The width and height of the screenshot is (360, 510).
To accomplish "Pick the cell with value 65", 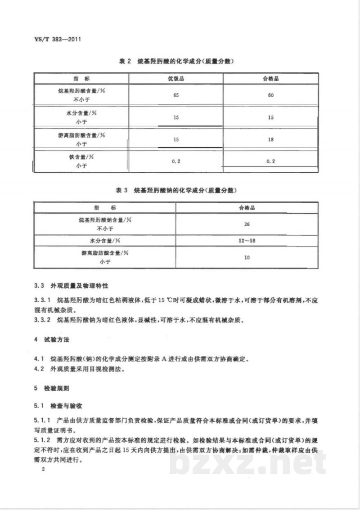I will [175, 95].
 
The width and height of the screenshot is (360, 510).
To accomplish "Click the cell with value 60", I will [271, 95].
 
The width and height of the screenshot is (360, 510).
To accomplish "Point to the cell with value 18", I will [271, 139].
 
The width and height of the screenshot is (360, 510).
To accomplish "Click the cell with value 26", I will [247, 224].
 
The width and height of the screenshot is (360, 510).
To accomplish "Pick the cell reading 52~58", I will [247, 241].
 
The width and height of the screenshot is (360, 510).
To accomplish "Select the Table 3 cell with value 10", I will [247, 258].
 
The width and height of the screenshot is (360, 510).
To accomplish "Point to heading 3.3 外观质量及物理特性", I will [72, 286].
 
